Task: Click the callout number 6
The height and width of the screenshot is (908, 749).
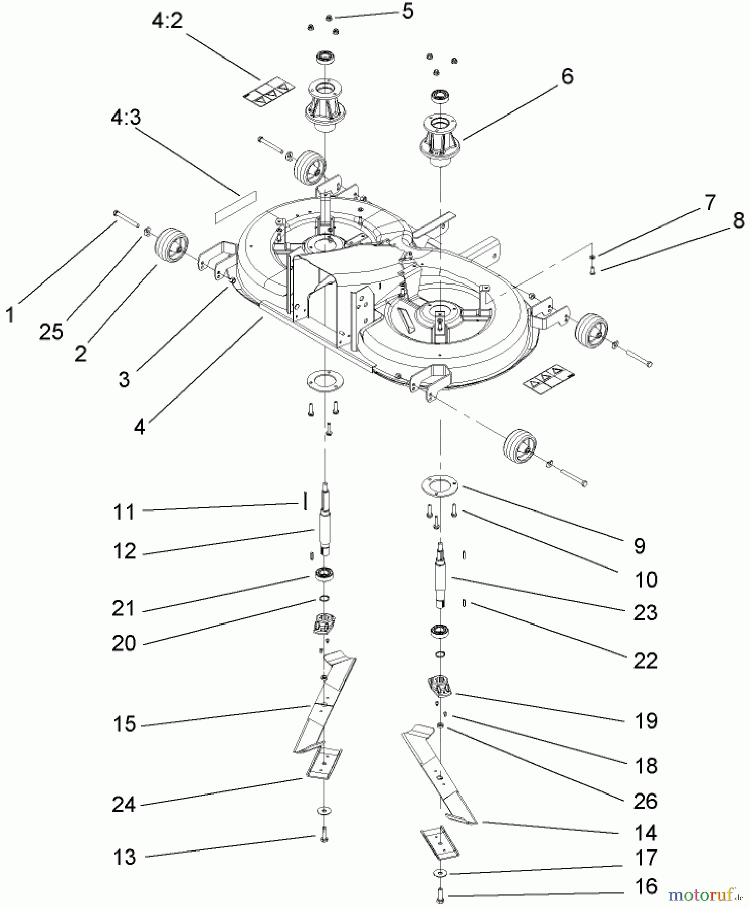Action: pyautogui.click(x=567, y=77)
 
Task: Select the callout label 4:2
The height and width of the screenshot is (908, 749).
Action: pyautogui.click(x=167, y=21)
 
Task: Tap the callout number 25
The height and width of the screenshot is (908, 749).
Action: pyautogui.click(x=51, y=331)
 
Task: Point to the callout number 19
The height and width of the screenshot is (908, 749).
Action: pyautogui.click(x=646, y=721)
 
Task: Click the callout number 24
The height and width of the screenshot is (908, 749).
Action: pyautogui.click(x=124, y=804)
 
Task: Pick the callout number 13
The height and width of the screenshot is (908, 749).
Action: pyautogui.click(x=125, y=857)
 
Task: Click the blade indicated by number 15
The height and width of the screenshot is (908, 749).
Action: pyautogui.click(x=323, y=706)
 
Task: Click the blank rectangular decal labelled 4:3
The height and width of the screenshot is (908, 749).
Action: pyautogui.click(x=235, y=207)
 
